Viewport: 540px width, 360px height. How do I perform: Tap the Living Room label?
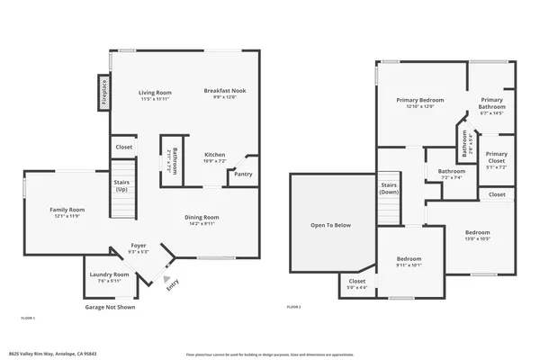(x=155, y=93)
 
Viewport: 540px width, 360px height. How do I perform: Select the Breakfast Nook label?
(x=220, y=91)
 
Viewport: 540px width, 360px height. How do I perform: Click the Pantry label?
(x=243, y=175)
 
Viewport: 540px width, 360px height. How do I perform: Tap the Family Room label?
(x=67, y=210)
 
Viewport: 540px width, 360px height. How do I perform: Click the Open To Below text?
(x=330, y=225)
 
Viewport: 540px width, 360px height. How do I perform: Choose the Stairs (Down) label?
(x=389, y=188)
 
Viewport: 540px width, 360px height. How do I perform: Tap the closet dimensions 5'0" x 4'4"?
(x=357, y=288)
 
